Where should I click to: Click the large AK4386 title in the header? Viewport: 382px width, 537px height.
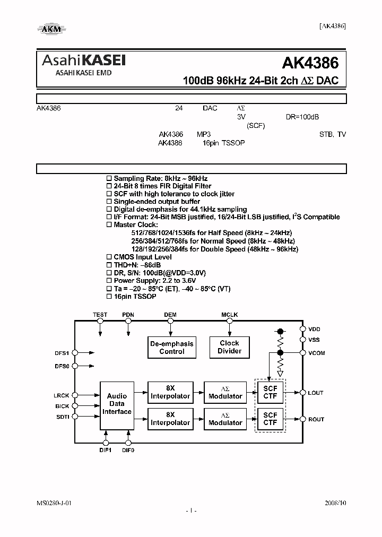(310, 63)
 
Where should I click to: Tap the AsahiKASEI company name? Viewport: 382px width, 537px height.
(83, 61)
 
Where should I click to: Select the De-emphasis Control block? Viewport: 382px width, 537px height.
(172, 347)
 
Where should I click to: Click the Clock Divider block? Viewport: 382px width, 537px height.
(229, 347)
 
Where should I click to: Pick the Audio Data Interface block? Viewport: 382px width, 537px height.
(117, 404)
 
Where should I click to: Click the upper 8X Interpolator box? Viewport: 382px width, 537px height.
(170, 392)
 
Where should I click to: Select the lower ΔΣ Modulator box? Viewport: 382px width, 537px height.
(225, 419)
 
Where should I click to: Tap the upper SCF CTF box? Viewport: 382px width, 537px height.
(270, 392)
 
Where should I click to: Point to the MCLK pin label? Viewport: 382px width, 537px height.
(229, 315)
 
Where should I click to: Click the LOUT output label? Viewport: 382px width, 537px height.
(316, 393)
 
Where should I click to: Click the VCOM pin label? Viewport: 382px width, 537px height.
(317, 353)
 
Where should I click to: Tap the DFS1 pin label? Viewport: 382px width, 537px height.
(62, 352)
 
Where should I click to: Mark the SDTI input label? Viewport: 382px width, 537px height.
(62, 417)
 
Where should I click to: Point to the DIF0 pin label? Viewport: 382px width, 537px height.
(128, 450)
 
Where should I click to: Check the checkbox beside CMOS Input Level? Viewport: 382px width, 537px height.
(109, 257)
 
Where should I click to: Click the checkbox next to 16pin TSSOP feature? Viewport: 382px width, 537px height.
(109, 296)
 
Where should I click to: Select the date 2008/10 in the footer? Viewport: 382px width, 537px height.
(335, 501)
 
